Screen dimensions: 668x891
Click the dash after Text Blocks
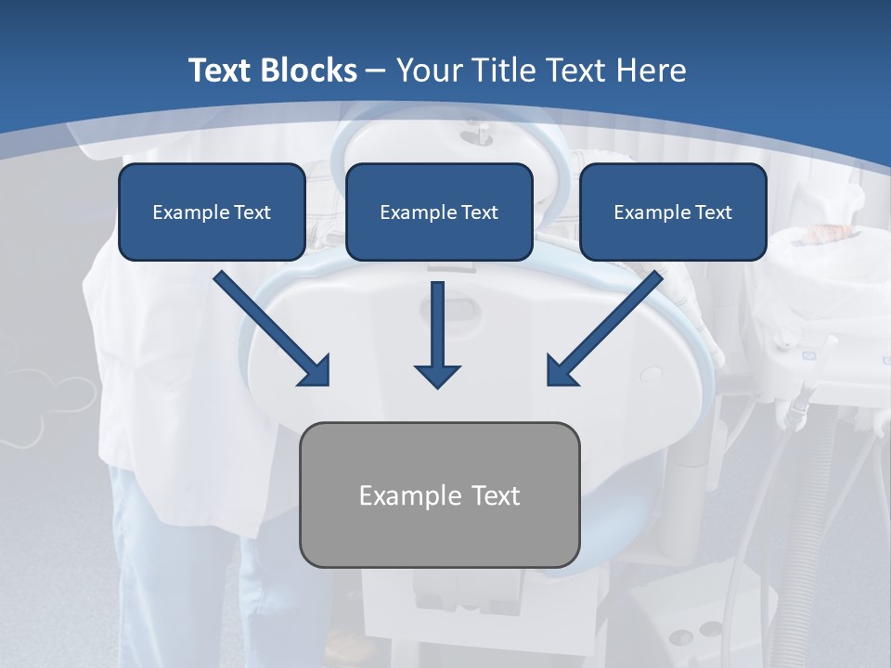(376, 71)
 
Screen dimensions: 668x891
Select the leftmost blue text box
(212, 212)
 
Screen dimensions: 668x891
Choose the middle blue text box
(439, 212)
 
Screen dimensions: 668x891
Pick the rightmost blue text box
(673, 212)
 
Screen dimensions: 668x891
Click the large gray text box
(439, 495)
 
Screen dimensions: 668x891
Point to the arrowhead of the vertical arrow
(437, 375)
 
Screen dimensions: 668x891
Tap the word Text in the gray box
(495, 495)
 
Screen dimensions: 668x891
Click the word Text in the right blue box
(713, 212)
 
